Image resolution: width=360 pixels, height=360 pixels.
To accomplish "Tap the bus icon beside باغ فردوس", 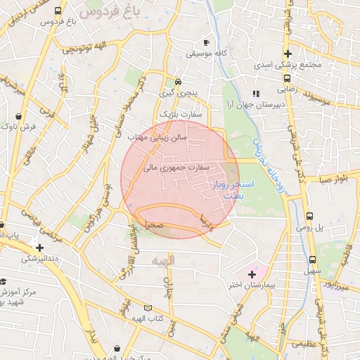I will pos(58,11).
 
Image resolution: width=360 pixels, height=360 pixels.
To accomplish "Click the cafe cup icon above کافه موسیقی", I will pos(205,41).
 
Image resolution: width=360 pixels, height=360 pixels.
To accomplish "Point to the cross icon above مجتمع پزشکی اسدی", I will pos(288,54).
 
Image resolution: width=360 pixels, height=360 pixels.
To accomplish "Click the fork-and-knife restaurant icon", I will pos(257,93).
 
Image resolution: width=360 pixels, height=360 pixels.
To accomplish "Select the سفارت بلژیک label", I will pos(181,112).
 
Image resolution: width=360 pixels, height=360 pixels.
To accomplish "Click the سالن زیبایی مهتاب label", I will pos(161,138).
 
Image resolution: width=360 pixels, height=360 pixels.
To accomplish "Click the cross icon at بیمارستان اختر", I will pos(252,274).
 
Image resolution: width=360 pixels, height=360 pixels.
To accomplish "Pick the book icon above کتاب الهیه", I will pos(147,308).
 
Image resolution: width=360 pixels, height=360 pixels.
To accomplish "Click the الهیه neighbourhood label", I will pos(162,260).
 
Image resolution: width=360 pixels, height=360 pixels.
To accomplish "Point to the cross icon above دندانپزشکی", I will pos(40,247).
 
